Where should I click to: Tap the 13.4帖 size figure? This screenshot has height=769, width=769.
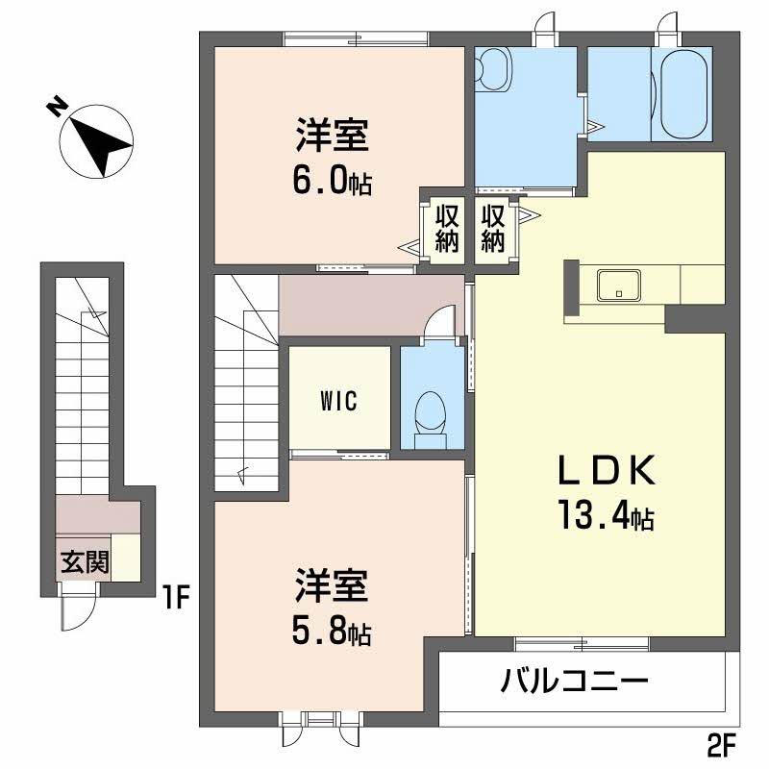point(603,518)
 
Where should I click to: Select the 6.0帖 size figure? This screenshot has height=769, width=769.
point(333,182)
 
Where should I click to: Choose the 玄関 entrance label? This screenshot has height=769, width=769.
point(85,562)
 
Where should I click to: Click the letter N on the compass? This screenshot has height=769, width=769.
point(58,107)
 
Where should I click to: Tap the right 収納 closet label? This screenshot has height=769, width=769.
point(493,227)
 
